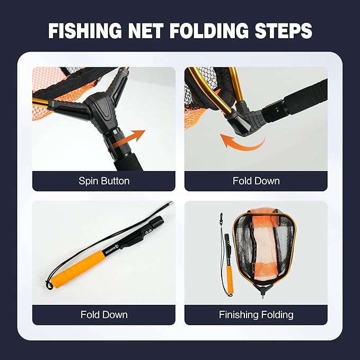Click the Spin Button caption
104,181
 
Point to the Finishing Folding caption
256,314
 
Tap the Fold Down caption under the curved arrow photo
256,181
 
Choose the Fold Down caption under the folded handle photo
104,314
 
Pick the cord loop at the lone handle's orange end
50,285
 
